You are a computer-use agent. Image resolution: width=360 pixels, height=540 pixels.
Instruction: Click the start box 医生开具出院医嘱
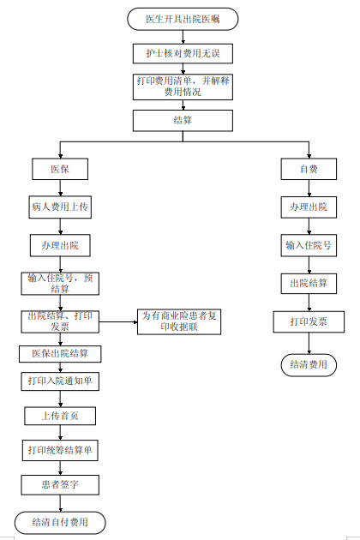coord(183,19)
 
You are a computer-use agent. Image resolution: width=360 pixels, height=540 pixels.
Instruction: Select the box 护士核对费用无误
coord(183,53)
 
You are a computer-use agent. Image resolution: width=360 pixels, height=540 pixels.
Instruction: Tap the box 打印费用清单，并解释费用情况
coord(183,87)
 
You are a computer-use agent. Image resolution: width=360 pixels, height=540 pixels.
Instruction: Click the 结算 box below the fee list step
coord(183,121)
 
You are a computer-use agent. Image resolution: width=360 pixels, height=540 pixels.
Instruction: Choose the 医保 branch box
coord(60,169)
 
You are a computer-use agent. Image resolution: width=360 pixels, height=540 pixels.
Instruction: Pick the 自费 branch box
coord(309,169)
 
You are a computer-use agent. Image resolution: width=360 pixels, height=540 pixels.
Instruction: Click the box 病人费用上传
coord(60,207)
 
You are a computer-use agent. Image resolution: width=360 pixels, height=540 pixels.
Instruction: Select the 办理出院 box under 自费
coord(309,207)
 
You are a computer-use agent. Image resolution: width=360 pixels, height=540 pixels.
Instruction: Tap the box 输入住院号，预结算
coord(60,284)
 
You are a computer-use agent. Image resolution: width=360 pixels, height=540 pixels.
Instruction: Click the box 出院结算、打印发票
coord(60,321)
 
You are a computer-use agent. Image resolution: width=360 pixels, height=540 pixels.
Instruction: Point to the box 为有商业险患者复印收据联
coord(179,321)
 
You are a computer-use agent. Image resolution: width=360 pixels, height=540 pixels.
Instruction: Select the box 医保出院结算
coord(60,354)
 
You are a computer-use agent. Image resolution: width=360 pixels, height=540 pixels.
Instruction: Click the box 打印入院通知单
coord(60,381)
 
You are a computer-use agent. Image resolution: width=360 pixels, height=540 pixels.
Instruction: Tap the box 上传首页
coord(60,416)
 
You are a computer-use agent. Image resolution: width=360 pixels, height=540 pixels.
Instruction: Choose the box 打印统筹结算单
coord(60,450)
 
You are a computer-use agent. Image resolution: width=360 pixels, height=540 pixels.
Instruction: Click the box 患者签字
coord(60,485)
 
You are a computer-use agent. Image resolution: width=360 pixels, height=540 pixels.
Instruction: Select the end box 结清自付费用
coord(60,523)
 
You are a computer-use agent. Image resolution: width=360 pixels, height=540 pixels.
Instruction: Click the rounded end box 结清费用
coord(309,364)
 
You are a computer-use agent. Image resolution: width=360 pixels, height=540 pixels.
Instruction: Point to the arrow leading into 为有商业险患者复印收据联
coord(118,322)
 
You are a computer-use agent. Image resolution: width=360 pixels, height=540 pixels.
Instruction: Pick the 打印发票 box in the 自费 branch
coord(309,321)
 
